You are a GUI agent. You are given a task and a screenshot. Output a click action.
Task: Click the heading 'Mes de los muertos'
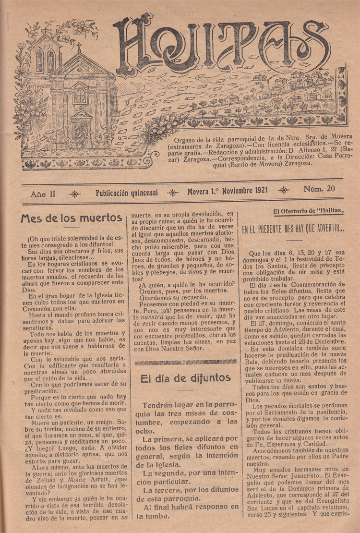(x=71, y=218)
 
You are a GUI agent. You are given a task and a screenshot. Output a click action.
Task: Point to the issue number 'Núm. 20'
(x=319, y=189)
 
